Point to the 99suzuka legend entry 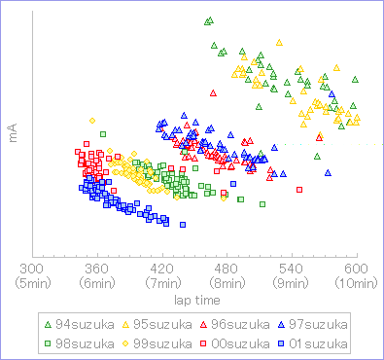pyautogui.click(x=161, y=342)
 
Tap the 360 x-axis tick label pyautogui.click(x=96, y=270)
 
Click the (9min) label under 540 pyautogui.click(x=292, y=284)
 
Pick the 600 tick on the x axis pyautogui.click(x=357, y=270)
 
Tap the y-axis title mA pyautogui.click(x=14, y=133)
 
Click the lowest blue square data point pyautogui.click(x=182, y=225)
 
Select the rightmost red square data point pyautogui.click(x=299, y=189)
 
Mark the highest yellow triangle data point pyautogui.click(x=279, y=43)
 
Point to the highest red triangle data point pyautogui.click(x=213, y=93)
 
